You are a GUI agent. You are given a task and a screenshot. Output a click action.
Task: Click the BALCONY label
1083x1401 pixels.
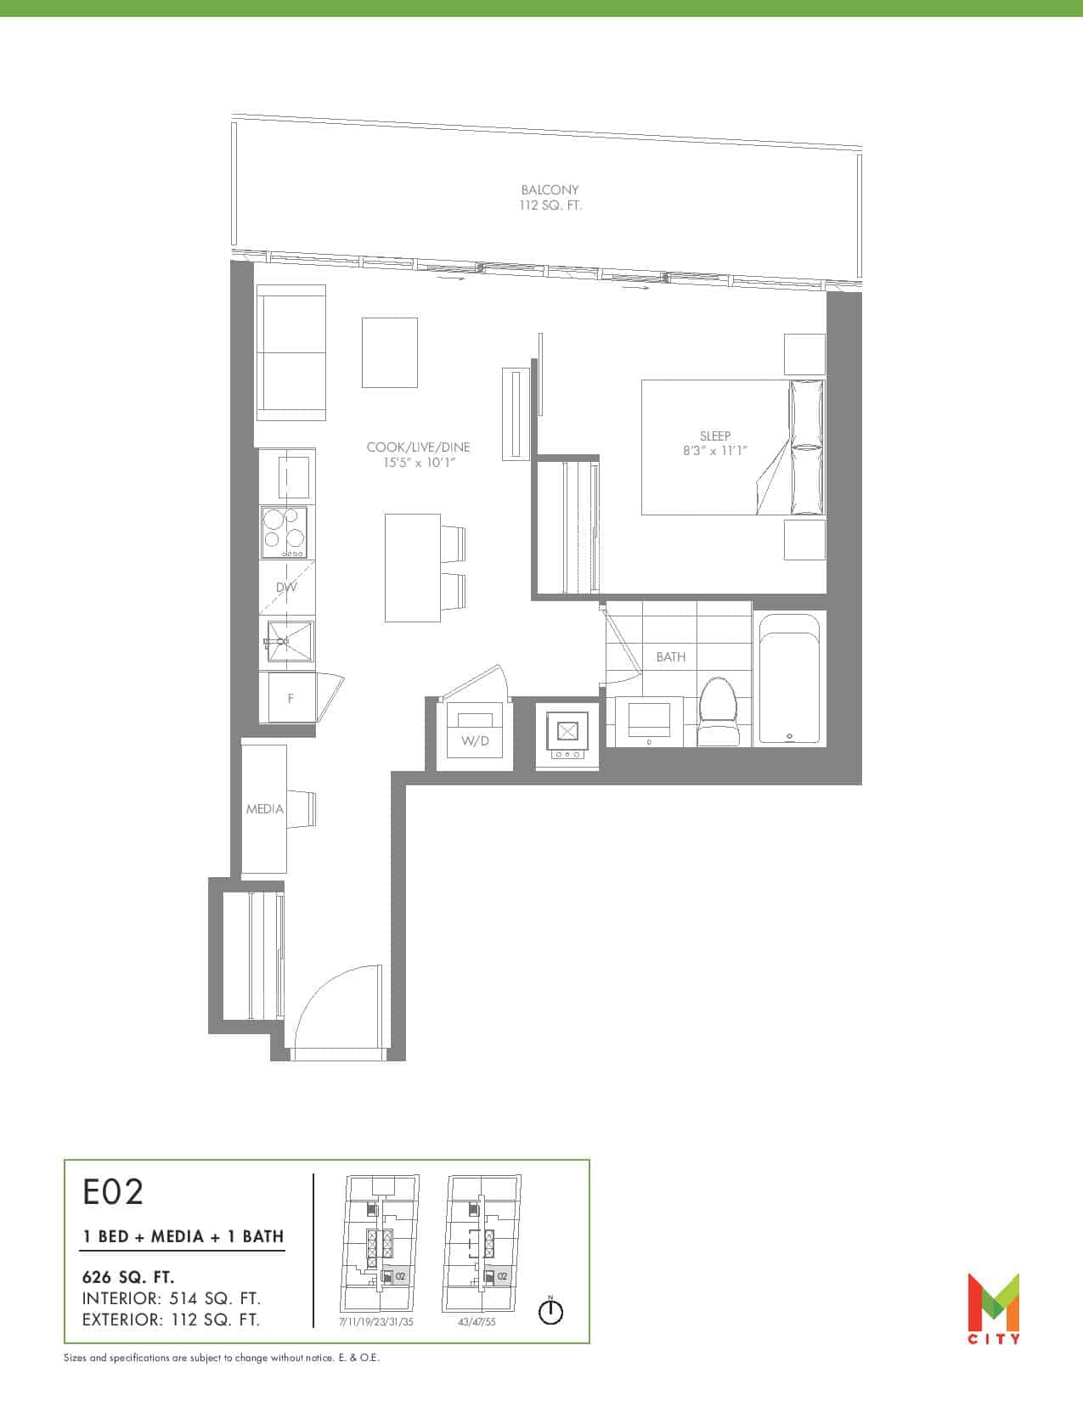550,189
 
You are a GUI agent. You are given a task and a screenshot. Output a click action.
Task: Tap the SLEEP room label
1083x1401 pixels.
714,436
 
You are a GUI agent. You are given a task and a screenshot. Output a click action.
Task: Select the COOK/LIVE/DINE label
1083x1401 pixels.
418,447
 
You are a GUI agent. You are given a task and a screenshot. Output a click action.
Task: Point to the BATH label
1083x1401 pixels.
671,656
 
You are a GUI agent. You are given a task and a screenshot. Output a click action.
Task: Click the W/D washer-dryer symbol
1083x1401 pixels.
475,733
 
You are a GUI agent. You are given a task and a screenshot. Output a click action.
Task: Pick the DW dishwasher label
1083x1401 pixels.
286,587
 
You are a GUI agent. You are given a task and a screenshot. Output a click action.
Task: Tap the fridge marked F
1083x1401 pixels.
288,698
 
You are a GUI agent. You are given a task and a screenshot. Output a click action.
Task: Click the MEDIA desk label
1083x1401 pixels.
264,808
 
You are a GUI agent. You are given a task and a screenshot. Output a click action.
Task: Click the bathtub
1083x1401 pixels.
789,679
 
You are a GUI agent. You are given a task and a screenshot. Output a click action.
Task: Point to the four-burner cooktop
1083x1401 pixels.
284,532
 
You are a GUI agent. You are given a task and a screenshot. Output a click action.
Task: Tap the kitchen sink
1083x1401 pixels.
289,642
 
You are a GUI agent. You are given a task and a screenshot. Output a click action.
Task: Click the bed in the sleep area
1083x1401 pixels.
733,447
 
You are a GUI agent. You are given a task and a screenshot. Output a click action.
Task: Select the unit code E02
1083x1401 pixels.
113,1192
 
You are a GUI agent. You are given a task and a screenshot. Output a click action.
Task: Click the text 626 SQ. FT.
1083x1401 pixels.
128,1277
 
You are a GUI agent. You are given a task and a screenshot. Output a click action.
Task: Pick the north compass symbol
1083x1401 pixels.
550,1311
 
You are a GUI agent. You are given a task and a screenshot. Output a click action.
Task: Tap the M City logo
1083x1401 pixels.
993,1308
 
